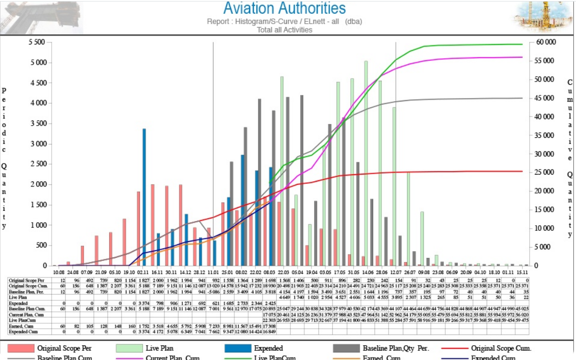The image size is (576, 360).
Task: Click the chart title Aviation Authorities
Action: coord(284,9)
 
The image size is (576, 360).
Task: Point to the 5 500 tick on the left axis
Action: coord(36,42)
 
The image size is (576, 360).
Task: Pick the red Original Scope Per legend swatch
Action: coord(20,348)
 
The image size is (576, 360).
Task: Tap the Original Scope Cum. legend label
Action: coord(501,348)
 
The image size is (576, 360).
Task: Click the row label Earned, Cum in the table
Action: coord(21,326)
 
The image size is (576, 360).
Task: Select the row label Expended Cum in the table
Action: coord(22,331)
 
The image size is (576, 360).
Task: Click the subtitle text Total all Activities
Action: coord(284,30)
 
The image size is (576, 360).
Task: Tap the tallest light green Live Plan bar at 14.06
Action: coord(366,163)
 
